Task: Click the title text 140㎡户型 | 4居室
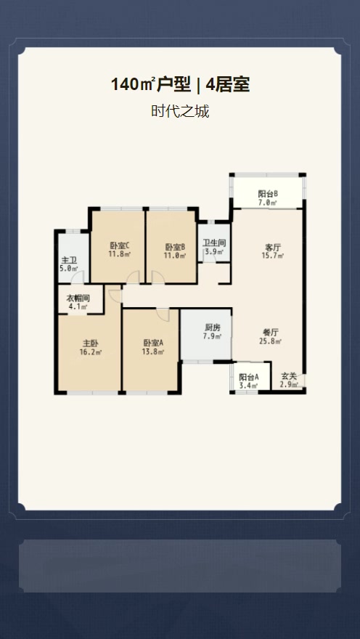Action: pos(180,85)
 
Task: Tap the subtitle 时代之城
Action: pos(180,111)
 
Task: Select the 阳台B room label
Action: pos(268,194)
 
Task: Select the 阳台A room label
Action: pos(249,377)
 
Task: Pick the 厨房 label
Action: pos(212,327)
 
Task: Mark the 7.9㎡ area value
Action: pos(212,336)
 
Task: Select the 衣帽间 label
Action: pos(78,298)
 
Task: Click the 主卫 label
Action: pos(69,260)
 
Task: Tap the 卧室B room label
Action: pos(176,247)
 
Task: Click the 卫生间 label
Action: pos(214,243)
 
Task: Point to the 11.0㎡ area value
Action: pos(176,256)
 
